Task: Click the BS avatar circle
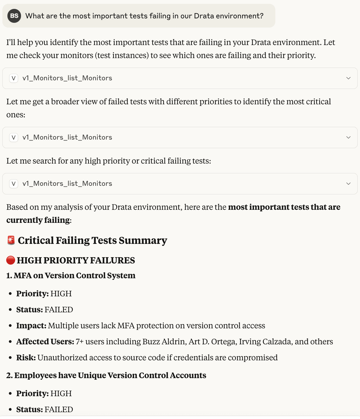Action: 14,16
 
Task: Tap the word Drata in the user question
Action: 204,16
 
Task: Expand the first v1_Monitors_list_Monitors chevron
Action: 348,78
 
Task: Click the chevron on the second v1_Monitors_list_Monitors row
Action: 348,137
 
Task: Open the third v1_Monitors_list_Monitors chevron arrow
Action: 348,184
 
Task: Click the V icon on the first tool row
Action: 14,78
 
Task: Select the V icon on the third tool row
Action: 14,184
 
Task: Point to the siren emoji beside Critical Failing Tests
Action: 11,240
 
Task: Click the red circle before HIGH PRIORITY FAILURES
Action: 11,260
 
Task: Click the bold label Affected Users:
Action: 45,342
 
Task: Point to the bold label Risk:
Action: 26,358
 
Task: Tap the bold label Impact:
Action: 31,326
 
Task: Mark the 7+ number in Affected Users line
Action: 80,342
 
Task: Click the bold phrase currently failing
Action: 38,220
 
